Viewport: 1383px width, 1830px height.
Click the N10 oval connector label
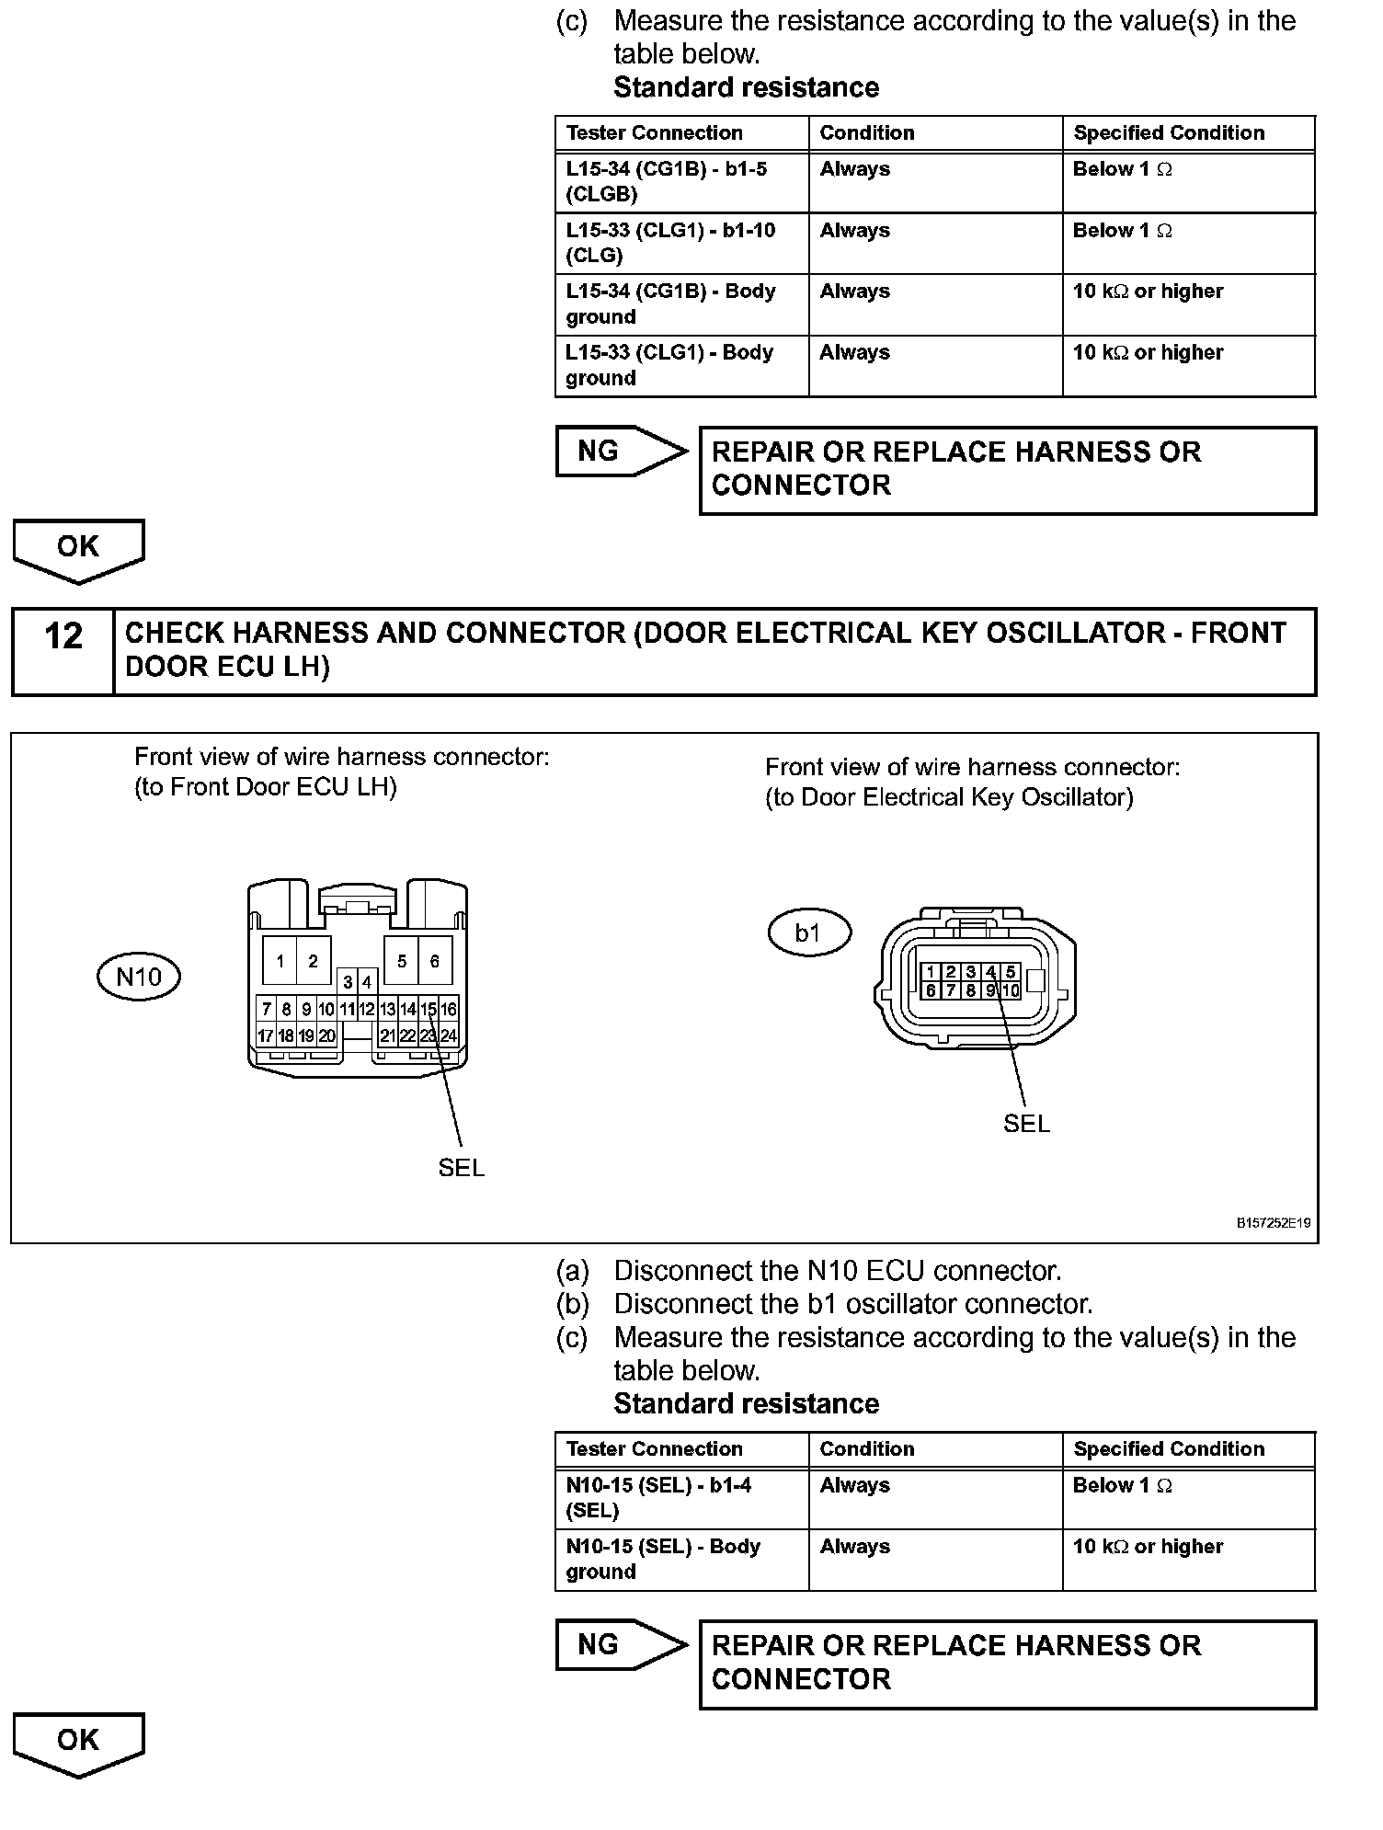tap(139, 977)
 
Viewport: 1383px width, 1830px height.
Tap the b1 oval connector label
tap(808, 933)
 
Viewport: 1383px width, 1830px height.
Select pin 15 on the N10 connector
tap(429, 1010)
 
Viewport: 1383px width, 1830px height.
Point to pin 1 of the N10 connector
tap(280, 962)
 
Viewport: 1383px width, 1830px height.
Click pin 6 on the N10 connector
tap(435, 962)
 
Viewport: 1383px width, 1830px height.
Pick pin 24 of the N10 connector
tap(449, 1035)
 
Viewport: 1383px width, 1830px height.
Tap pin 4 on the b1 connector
tap(990, 972)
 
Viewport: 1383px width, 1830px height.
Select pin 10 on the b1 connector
tap(1011, 990)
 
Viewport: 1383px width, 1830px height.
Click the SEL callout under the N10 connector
tap(461, 1168)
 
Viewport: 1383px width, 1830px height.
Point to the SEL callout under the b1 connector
tap(1026, 1124)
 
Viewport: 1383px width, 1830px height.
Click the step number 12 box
tap(63, 650)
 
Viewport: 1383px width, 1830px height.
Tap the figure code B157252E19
tap(1274, 1223)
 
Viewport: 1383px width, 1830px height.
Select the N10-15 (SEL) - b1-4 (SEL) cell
tap(681, 1497)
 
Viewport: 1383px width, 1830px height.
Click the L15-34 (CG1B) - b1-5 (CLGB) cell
tap(681, 181)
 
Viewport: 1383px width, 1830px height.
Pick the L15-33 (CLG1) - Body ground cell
tap(681, 365)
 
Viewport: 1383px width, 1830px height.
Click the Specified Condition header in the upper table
tap(1169, 132)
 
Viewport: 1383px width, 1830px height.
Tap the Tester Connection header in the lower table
tap(655, 1448)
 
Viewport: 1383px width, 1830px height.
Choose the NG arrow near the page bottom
tap(621, 1645)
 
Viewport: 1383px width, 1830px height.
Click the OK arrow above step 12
tap(78, 549)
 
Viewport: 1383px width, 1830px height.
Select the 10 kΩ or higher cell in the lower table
tap(1149, 1547)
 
